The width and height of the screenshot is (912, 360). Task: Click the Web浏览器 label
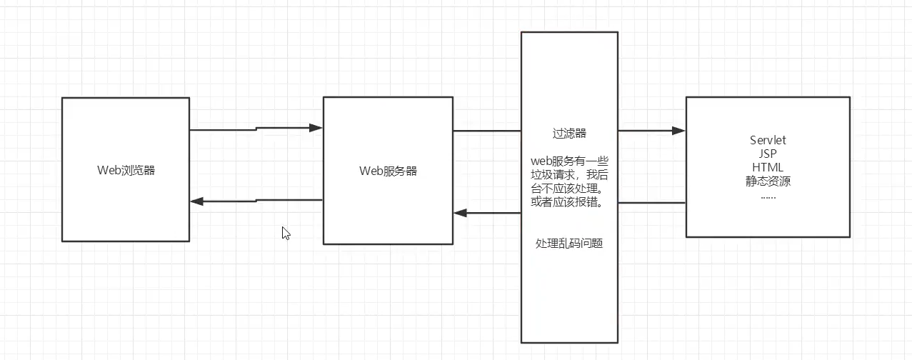pos(126,170)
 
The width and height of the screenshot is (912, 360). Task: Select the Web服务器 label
pos(388,171)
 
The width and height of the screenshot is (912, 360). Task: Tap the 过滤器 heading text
pos(569,134)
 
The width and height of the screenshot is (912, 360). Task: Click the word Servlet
pos(768,140)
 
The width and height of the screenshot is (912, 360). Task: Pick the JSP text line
pos(768,154)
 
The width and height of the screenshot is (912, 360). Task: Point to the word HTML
pos(768,167)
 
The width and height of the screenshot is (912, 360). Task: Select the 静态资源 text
pos(768,181)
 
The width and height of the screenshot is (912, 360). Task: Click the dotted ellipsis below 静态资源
pos(768,194)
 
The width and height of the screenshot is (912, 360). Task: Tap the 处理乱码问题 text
pos(569,244)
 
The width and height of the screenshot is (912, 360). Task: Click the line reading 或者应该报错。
pos(569,202)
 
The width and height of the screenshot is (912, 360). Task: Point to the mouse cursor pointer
pos(286,233)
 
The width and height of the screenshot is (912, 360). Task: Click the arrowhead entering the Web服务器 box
pos(316,129)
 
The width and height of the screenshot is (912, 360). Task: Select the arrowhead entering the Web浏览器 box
pos(198,201)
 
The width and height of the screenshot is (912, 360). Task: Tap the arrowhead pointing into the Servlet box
pos(678,131)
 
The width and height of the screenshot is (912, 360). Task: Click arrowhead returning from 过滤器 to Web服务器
pos(461,213)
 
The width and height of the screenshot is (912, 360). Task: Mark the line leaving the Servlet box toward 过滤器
pos(651,203)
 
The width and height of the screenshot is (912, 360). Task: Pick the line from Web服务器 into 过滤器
pos(486,131)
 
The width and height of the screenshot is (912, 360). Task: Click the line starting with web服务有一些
pos(569,161)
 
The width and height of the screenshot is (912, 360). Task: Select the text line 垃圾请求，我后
pos(569,174)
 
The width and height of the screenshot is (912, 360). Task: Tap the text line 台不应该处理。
pos(569,189)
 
